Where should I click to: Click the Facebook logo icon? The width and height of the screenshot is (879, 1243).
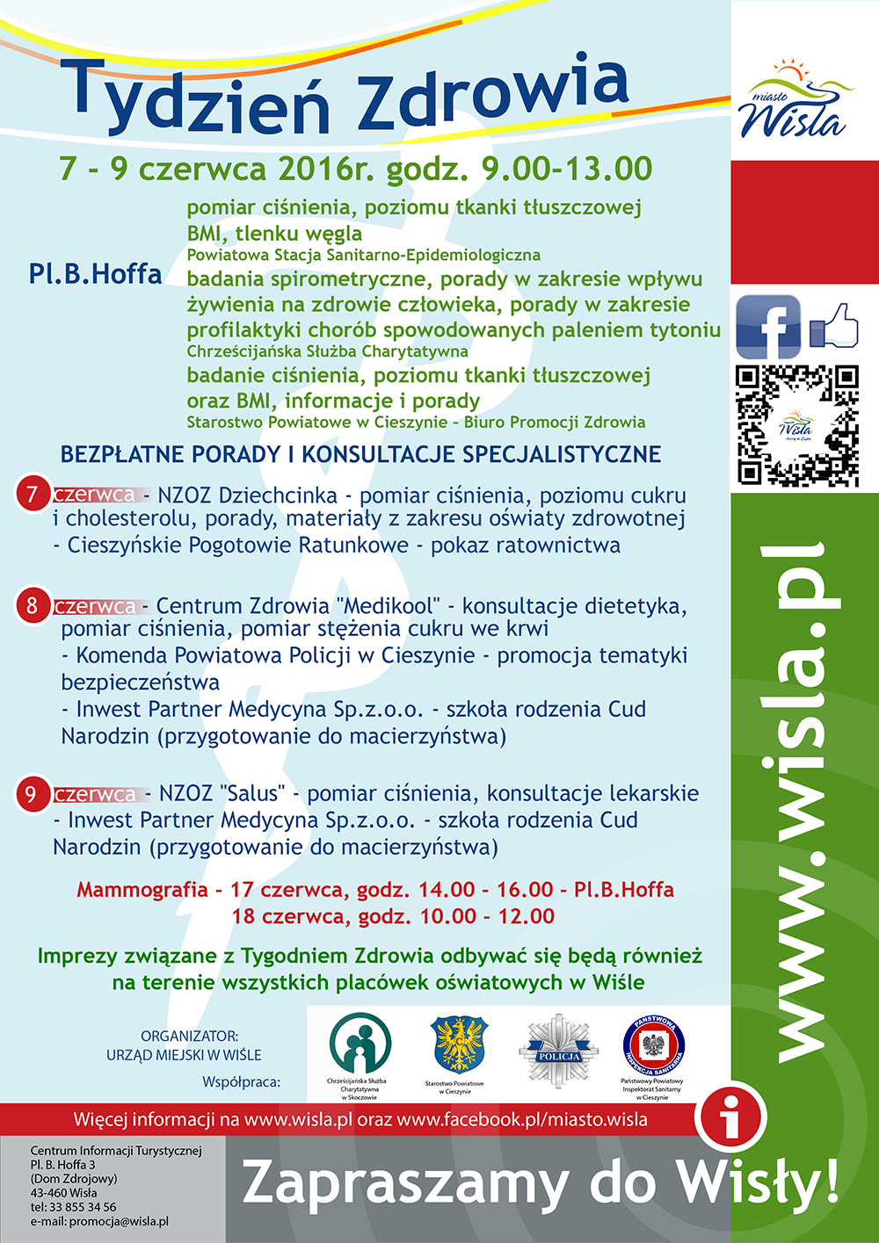(x=767, y=327)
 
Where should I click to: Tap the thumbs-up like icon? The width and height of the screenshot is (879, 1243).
(x=834, y=326)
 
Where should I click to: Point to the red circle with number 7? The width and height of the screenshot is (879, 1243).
(x=32, y=495)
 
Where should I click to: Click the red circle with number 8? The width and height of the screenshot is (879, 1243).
(x=33, y=605)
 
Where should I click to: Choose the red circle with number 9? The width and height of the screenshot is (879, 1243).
(x=32, y=794)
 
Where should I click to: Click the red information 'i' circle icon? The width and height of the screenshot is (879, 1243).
(x=730, y=1119)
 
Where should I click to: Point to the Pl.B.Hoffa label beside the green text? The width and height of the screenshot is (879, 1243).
(x=95, y=274)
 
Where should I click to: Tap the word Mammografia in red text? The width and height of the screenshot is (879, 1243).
(x=142, y=890)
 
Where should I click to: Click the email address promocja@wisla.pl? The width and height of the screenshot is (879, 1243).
(x=119, y=1221)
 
